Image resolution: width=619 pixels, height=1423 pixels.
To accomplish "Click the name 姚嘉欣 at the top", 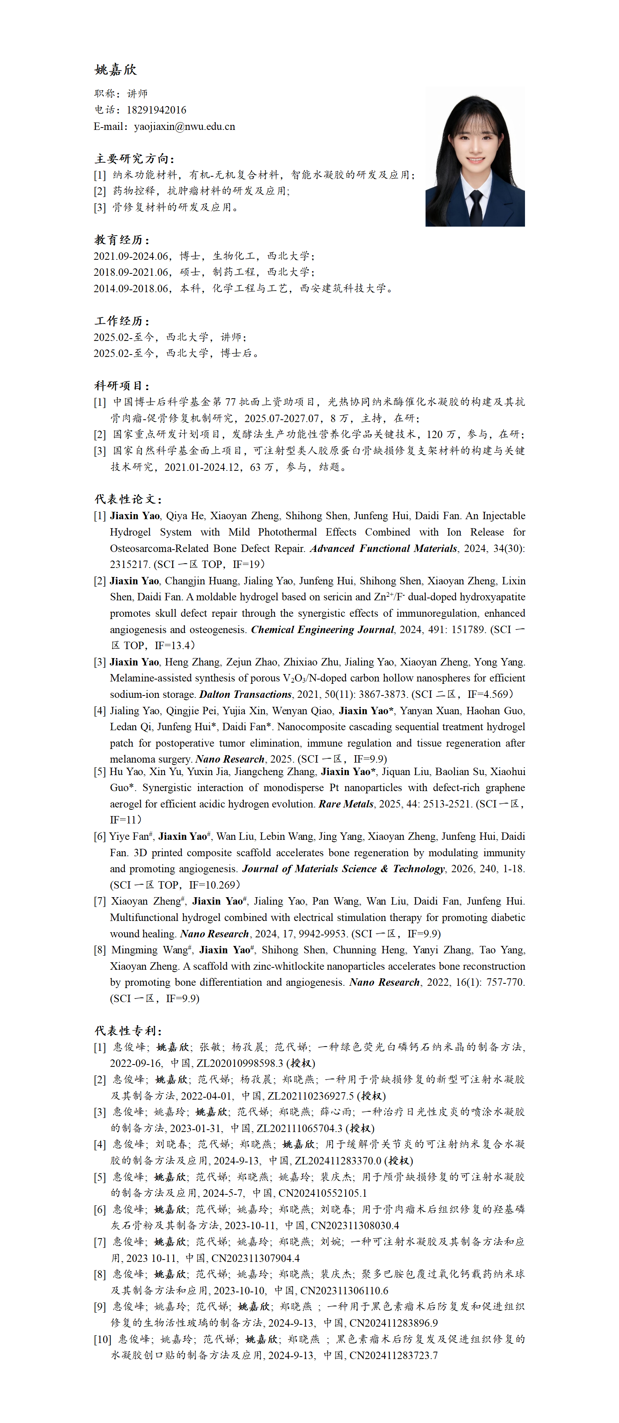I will coord(115,69).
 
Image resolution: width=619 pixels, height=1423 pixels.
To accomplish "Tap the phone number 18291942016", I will coord(156,110).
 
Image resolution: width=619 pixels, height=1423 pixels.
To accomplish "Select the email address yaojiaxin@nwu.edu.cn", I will coord(184,126).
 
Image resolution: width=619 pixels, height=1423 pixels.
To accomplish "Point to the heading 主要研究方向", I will coord(134,158).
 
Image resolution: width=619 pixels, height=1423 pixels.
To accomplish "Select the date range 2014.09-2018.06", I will coord(131,288).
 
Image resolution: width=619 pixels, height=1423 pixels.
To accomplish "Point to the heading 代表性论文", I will coord(128,499).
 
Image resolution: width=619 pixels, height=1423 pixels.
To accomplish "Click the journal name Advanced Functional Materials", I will coord(383,548).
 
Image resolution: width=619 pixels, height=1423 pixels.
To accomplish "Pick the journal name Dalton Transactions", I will coord(245,694).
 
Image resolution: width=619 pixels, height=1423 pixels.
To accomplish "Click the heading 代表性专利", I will coord(128,1031).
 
